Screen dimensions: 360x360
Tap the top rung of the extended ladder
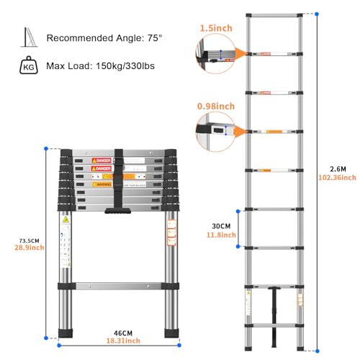(274, 14)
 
